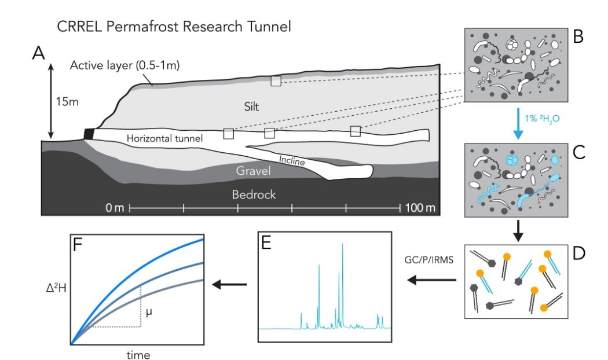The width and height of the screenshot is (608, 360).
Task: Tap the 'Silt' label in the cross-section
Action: point(251,107)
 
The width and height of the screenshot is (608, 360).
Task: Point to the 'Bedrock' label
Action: point(254,194)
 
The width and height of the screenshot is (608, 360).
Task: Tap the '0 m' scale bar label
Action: point(114,207)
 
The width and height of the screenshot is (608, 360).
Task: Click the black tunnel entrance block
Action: point(89,133)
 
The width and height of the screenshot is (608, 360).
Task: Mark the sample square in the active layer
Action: point(276,81)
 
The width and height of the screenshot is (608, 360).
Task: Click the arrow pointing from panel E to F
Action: point(229,284)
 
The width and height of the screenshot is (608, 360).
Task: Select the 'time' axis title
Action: point(137,354)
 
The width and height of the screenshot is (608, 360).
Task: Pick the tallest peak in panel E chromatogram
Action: point(343,245)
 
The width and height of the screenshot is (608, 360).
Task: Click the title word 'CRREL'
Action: point(78,27)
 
